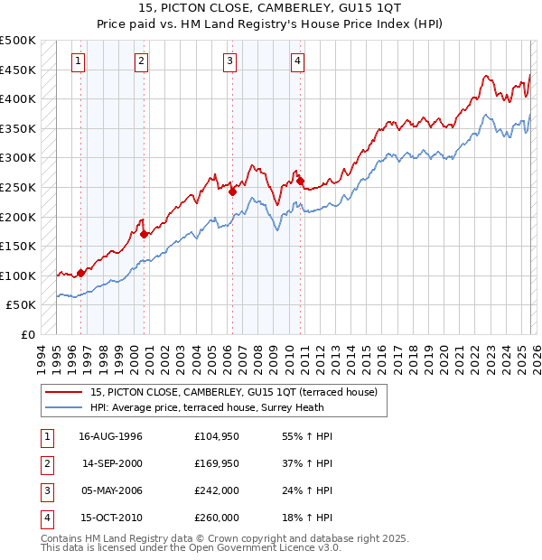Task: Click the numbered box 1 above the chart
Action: click(79, 61)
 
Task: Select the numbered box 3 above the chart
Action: click(229, 61)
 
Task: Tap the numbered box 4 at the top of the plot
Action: click(297, 61)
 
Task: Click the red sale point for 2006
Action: click(232, 191)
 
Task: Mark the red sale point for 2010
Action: click(301, 181)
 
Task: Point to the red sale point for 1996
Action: click(81, 272)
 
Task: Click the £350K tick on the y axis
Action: click(20, 128)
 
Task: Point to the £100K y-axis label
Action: click(20, 275)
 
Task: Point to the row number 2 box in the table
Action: click(45, 463)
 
